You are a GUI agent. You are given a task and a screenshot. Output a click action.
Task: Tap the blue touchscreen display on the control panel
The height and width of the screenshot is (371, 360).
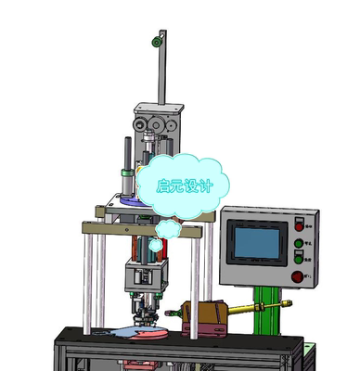[x=255, y=243]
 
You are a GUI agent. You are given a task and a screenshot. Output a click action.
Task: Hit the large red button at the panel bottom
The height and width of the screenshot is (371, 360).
[x=297, y=275]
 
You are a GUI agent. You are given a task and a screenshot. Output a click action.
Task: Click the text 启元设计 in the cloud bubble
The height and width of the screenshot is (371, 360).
[x=185, y=185]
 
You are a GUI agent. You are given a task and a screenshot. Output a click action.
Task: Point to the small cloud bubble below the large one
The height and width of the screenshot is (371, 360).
[x=168, y=228]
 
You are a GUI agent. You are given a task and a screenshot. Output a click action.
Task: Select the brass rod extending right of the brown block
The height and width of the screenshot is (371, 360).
[x=258, y=308]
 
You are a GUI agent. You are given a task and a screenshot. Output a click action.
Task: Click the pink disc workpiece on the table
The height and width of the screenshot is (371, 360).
[x=139, y=333]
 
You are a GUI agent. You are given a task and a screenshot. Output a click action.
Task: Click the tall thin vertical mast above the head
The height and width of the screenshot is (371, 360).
[x=163, y=70]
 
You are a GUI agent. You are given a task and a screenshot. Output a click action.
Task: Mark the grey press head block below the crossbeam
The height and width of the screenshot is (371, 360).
[x=146, y=275]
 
